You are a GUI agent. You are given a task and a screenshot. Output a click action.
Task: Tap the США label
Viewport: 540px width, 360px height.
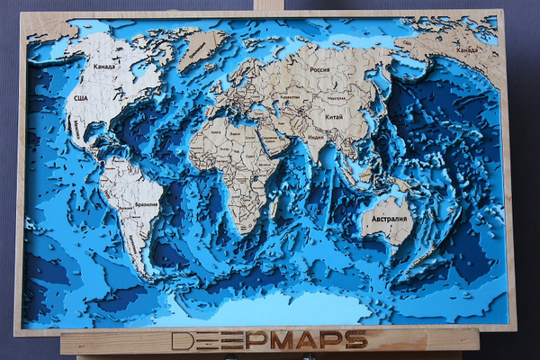pos(80,97)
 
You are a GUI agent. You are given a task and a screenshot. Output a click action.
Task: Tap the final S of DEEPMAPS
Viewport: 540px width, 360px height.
pos(357,340)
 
